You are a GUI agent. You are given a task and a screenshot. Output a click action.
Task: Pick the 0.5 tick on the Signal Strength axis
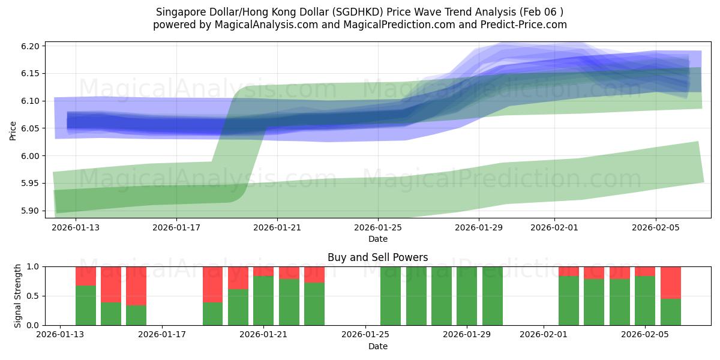[x=33, y=296]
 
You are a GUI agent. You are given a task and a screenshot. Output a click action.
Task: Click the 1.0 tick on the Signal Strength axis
[x=33, y=266]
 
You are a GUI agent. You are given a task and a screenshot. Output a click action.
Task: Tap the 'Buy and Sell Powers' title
[x=377, y=257]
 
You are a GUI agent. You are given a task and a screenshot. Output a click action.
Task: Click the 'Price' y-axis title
[x=13, y=130]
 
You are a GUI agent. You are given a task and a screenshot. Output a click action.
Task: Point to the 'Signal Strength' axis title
[x=18, y=296]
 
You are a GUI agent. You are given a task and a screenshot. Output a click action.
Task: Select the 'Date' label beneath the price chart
[x=377, y=239]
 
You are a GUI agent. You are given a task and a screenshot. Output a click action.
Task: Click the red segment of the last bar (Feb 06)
[x=670, y=282]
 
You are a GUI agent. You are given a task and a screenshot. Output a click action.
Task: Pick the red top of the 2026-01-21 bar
[x=263, y=271]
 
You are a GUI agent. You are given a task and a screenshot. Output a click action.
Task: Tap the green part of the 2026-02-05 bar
[x=645, y=300]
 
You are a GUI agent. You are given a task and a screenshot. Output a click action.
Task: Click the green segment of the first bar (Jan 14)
[x=86, y=305]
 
